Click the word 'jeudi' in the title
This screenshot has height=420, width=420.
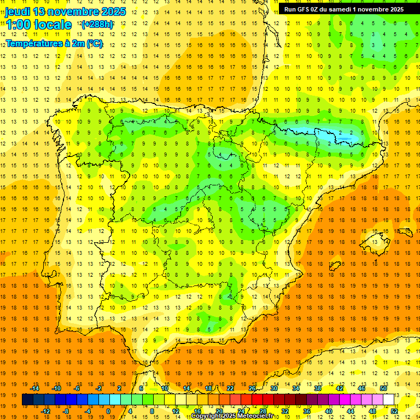pos(17,11)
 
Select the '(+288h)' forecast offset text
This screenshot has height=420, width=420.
pos(97,25)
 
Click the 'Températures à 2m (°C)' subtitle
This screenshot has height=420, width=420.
pos(54,43)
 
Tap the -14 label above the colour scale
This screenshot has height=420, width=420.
pos(35,388)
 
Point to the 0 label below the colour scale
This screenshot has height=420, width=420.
pos(108,411)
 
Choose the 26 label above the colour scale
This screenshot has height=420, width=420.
pos(252,388)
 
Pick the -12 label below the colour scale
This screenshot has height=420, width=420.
pos(45,411)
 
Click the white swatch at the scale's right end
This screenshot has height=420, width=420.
pos(389,400)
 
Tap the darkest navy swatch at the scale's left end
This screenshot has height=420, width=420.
pos(27,400)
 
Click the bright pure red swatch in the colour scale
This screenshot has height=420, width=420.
pos(258,400)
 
